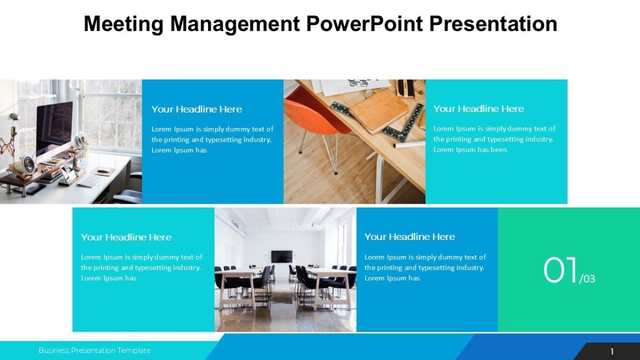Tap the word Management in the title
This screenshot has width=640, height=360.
tap(234, 24)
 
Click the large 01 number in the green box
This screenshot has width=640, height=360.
tap(561, 271)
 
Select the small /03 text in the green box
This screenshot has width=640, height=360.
tap(587, 278)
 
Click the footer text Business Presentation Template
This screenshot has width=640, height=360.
tap(94, 350)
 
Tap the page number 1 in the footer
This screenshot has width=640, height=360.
tap(612, 351)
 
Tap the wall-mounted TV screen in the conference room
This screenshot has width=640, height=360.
tap(281, 257)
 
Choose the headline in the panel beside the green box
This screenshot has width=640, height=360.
tap(410, 237)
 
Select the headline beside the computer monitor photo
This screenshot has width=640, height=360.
tap(196, 109)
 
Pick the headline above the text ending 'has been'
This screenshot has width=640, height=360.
tap(478, 109)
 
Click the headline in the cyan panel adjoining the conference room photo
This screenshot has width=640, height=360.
tap(126, 237)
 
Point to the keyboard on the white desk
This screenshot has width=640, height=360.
tap(88, 181)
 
